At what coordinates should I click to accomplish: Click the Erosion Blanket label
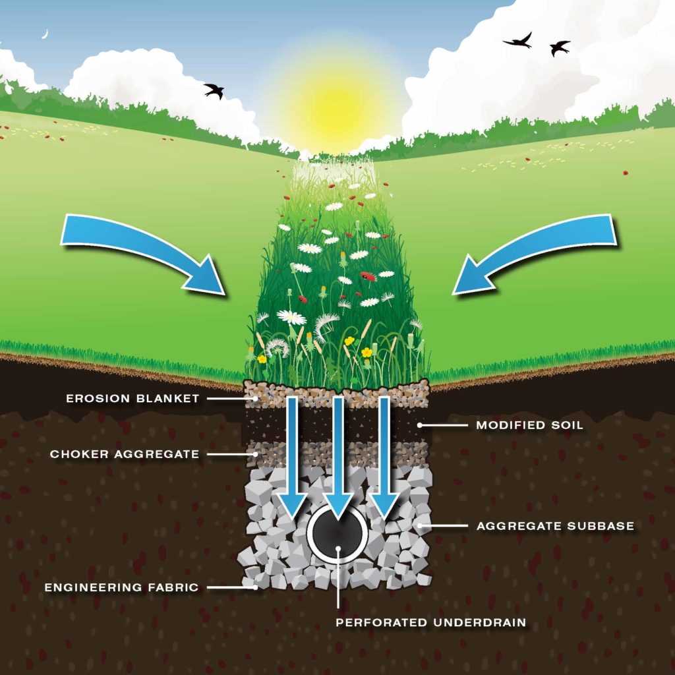132,399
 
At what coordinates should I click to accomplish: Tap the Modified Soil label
529,425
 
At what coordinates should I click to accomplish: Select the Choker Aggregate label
125,454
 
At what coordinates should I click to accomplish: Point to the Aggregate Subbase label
555,526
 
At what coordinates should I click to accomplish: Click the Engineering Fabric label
121,587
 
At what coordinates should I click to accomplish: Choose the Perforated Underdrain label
430,622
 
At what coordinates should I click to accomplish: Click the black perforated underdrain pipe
337,533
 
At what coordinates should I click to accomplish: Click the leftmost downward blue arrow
292,456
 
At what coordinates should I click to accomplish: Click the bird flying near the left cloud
214,90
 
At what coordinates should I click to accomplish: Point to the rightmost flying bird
559,47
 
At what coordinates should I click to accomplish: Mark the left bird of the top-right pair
519,40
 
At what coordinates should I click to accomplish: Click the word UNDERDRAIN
480,622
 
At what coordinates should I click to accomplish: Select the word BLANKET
167,399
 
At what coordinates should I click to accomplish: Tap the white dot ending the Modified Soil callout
419,425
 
